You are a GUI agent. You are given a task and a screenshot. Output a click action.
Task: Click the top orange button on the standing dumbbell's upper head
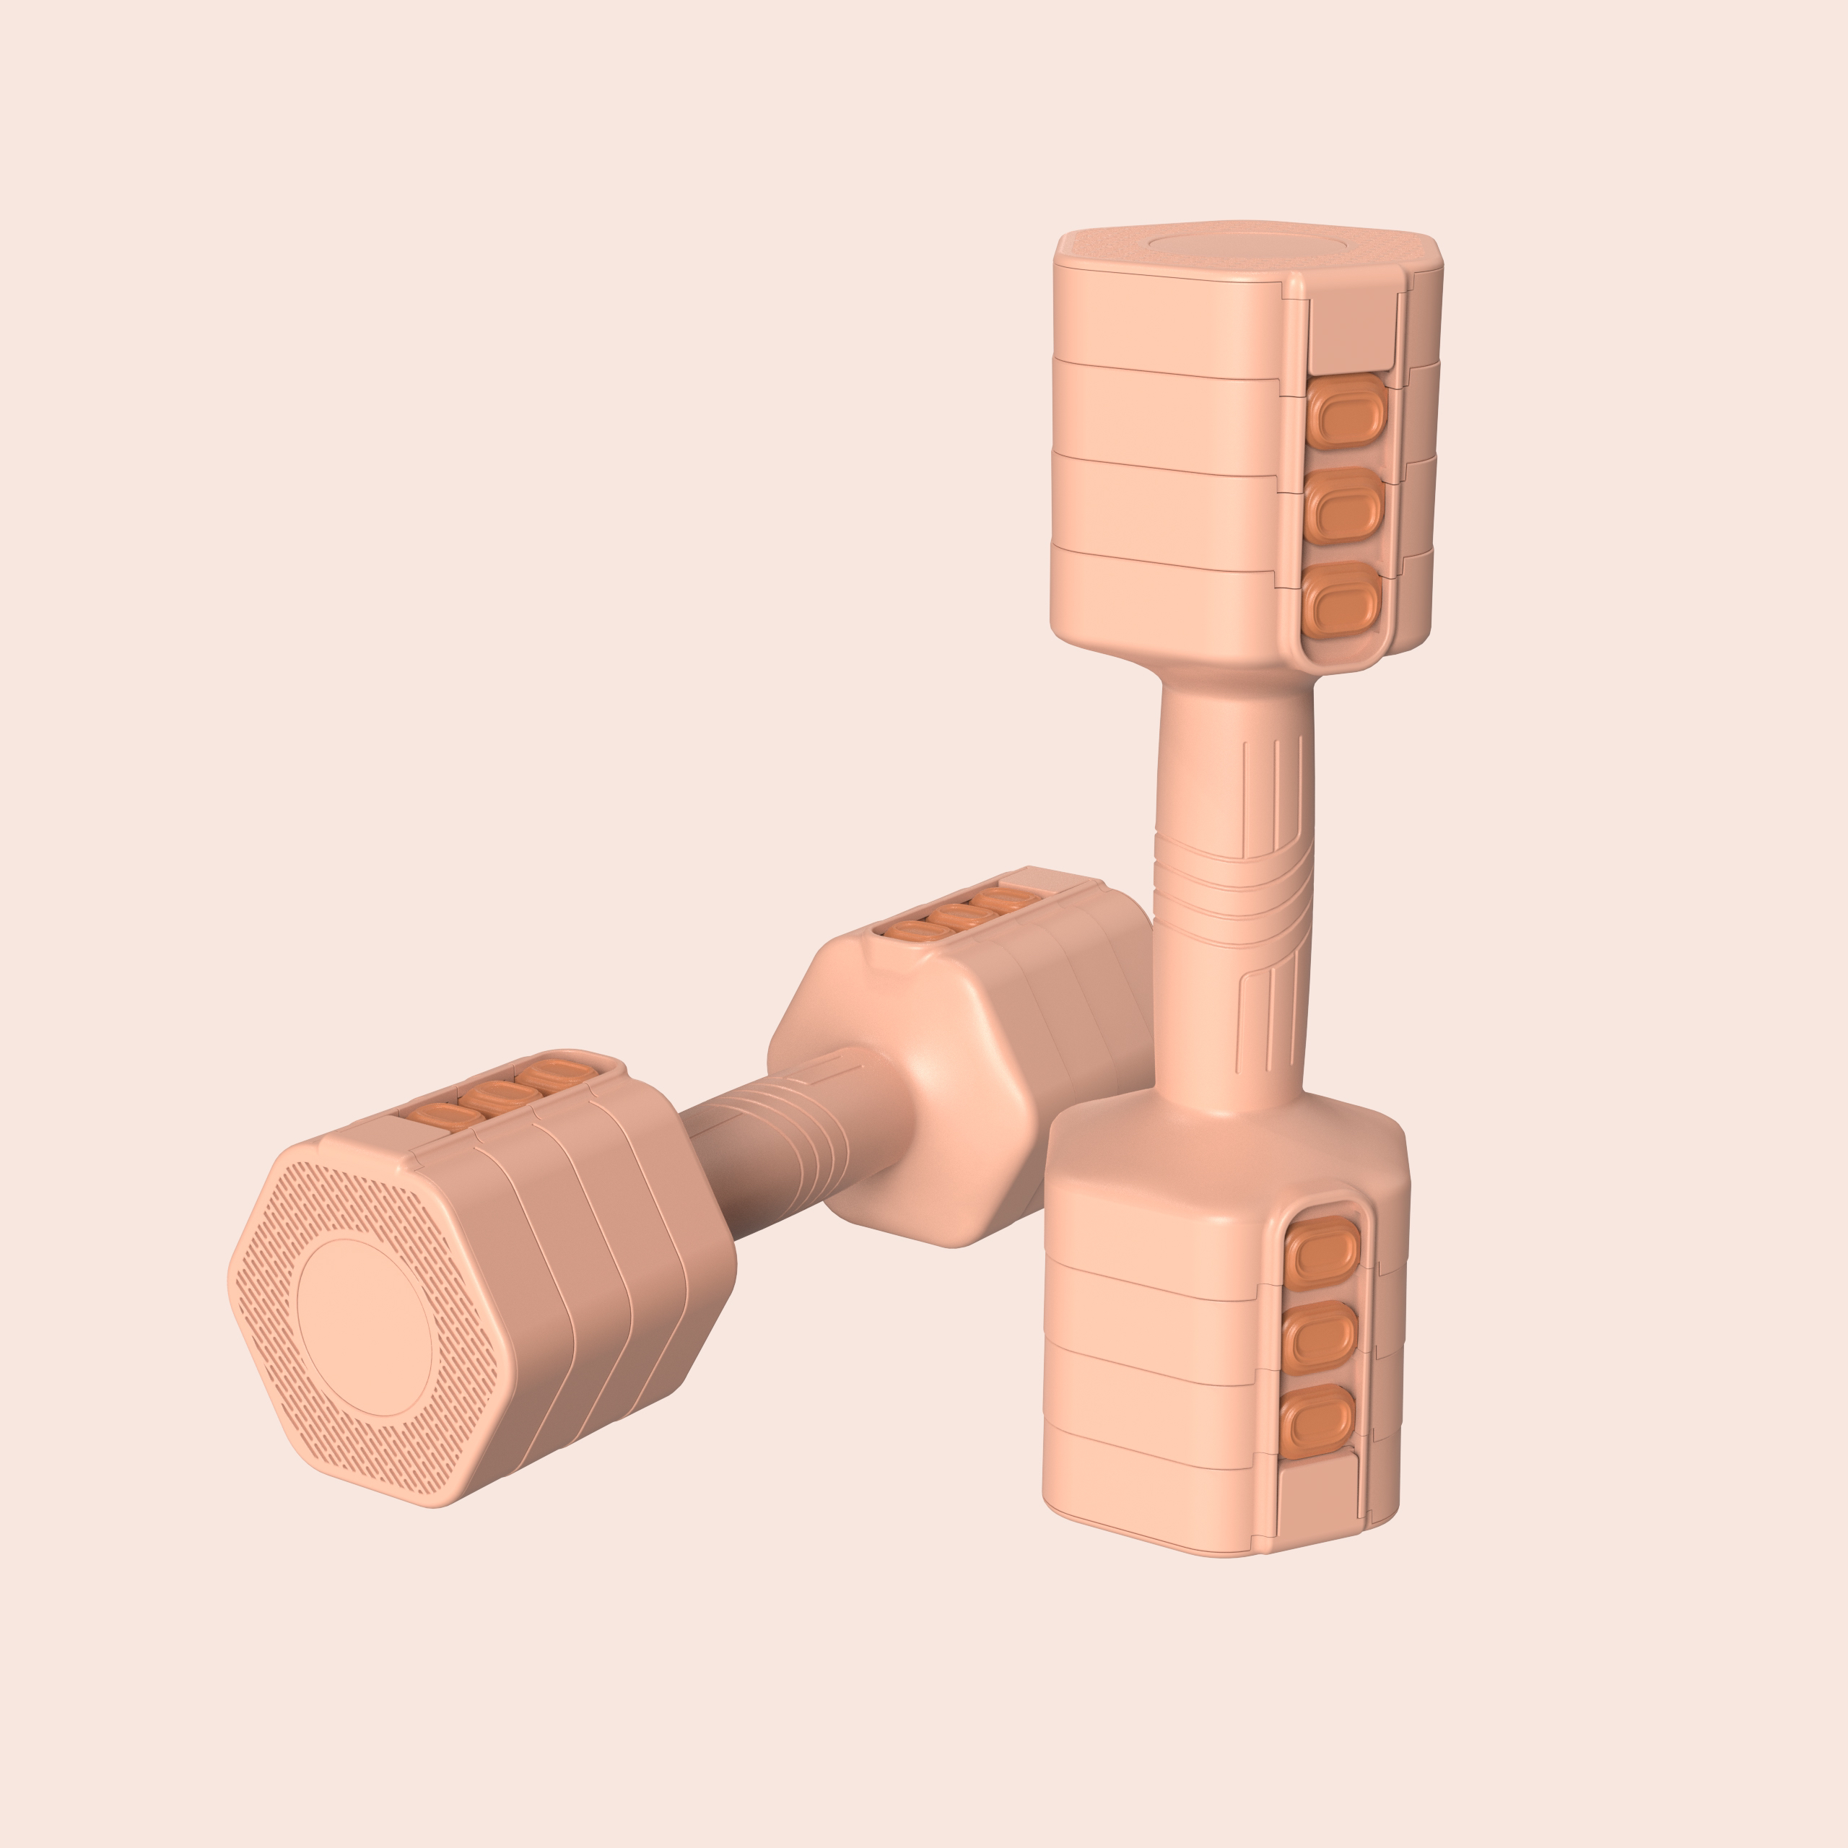coord(1348,409)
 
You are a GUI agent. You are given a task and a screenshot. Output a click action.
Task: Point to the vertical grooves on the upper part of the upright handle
coord(1263,794)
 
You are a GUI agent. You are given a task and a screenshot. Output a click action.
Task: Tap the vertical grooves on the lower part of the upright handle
coord(1260,1019)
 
